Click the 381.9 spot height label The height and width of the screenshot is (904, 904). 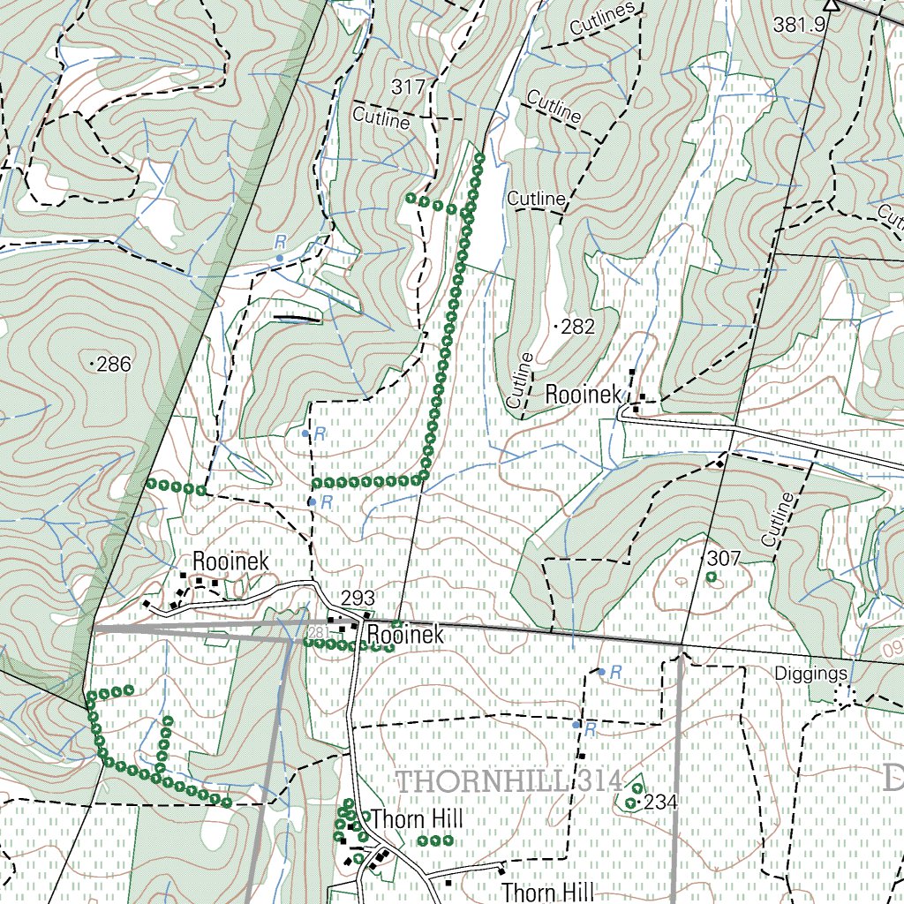(x=799, y=26)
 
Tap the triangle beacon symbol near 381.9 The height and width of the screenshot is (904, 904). (x=829, y=4)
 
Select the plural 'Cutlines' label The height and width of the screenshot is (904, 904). (x=602, y=20)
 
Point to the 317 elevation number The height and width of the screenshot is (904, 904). (x=409, y=87)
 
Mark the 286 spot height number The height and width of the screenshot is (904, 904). (x=114, y=364)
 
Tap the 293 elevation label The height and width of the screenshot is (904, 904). (x=358, y=599)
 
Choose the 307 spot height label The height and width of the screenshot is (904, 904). (x=723, y=558)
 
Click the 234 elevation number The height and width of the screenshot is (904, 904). (x=661, y=802)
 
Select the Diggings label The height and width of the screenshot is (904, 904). (x=811, y=674)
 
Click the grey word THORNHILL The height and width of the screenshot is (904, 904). (x=486, y=781)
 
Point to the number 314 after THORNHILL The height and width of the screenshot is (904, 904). (x=602, y=781)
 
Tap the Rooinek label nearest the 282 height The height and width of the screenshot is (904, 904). (x=583, y=395)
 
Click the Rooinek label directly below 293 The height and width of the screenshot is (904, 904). (x=403, y=635)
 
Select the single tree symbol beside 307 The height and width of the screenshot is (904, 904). (x=711, y=577)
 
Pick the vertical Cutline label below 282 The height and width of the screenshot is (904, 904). (x=521, y=380)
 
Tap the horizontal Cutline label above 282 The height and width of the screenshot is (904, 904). (x=536, y=200)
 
